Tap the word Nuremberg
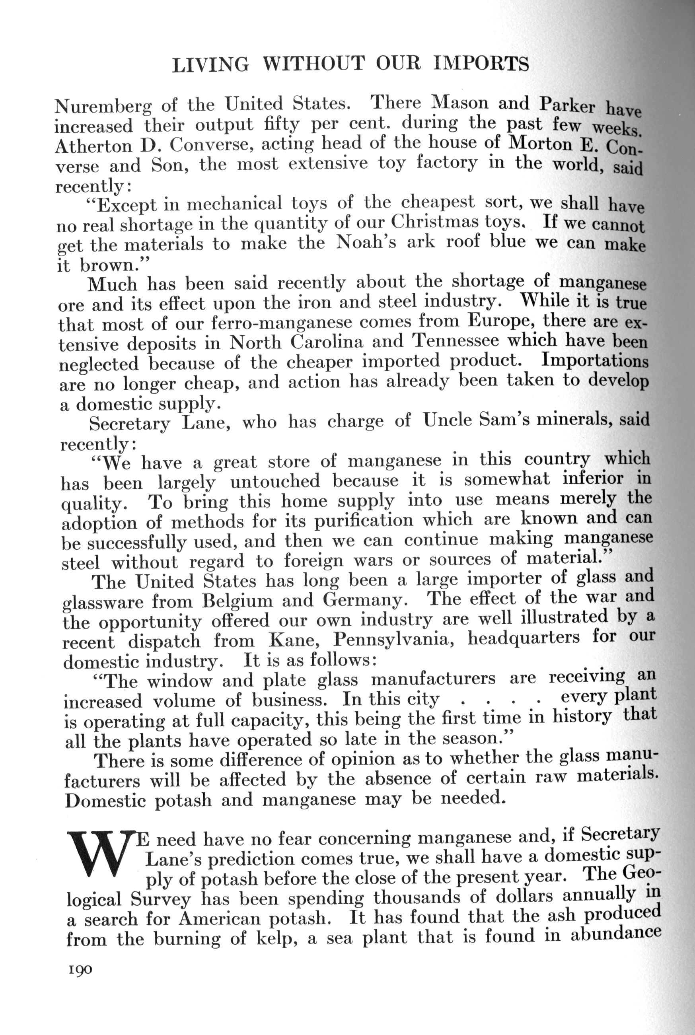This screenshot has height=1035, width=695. point(103,107)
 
